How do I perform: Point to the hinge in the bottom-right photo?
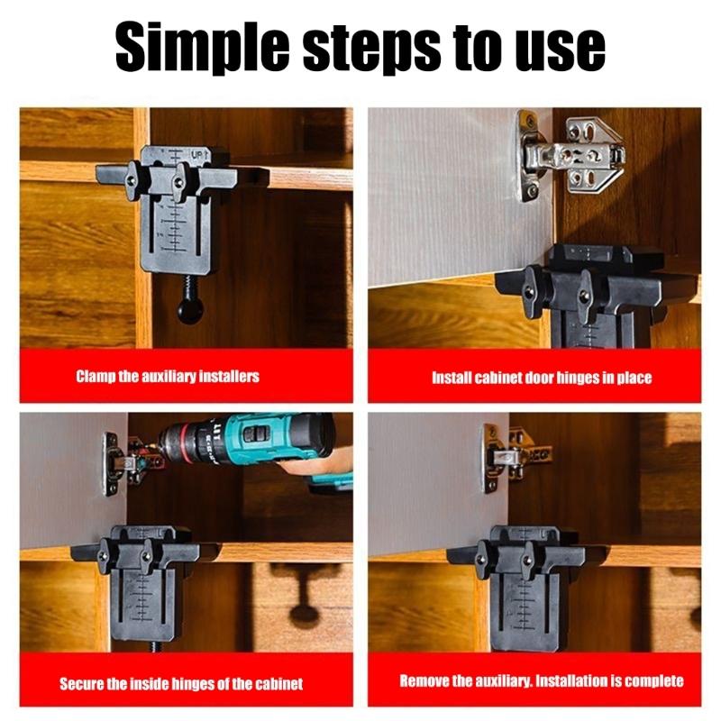tap(505, 455)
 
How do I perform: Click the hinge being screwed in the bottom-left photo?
tap(126, 461)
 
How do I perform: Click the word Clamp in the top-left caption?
tap(96, 377)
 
